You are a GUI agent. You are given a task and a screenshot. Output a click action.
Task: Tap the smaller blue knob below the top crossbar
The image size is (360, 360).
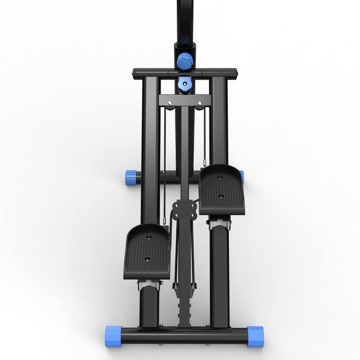184,84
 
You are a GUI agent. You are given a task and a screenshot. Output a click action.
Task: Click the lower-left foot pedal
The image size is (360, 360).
148,252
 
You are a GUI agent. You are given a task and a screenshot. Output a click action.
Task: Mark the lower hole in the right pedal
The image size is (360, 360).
221,196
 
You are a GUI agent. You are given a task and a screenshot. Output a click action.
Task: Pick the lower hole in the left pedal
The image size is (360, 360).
147,259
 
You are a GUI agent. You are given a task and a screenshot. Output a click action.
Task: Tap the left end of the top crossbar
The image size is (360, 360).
135,72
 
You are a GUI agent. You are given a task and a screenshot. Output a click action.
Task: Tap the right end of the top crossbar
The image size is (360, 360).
234,72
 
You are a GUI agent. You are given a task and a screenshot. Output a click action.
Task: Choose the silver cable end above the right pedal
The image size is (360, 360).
205,162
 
